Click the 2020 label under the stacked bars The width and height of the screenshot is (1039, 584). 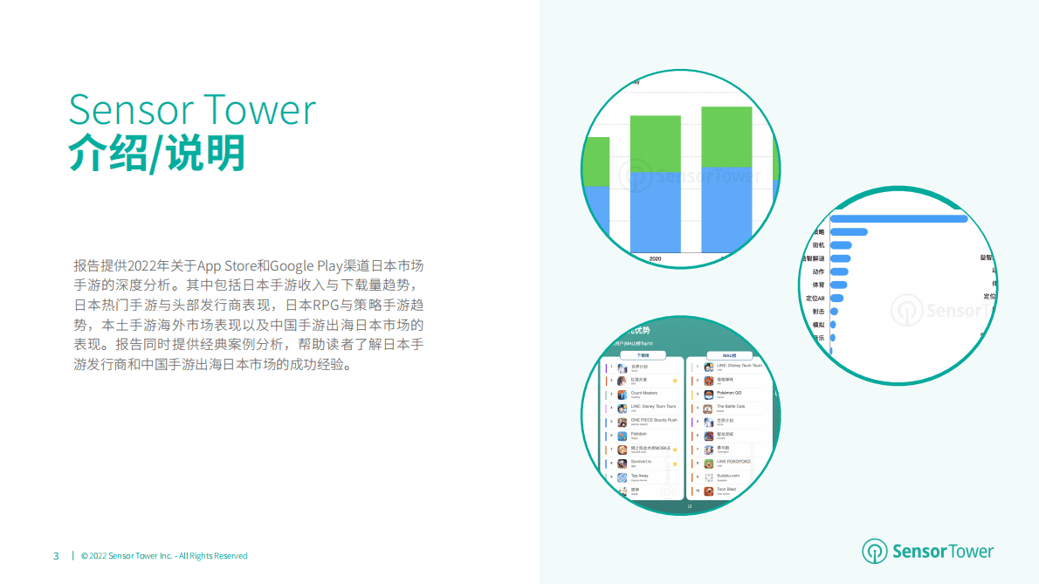656,258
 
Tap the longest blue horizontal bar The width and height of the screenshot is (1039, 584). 898,218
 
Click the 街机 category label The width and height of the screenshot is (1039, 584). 818,245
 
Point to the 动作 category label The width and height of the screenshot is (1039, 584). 818,271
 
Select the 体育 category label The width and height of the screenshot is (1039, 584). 818,285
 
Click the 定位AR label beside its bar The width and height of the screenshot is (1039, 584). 815,298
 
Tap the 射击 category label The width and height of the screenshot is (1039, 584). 818,311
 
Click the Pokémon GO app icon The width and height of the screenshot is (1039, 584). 709,394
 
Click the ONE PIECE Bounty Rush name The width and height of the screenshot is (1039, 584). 653,420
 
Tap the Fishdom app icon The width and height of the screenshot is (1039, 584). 622,435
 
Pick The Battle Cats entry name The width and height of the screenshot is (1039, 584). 731,406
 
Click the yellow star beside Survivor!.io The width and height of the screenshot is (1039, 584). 675,464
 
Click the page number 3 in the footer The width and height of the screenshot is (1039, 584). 56,555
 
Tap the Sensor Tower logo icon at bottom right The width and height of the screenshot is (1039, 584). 874,551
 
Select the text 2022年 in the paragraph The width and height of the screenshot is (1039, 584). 146,265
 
